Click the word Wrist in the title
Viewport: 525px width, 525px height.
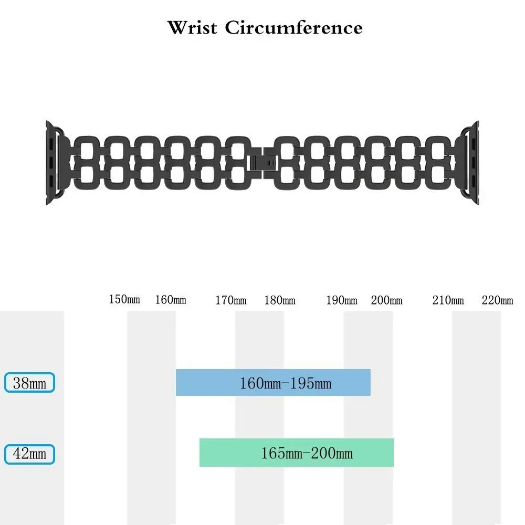pyautogui.click(x=192, y=27)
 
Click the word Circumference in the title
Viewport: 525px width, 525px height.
pyautogui.click(x=293, y=27)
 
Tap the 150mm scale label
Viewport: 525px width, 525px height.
pyautogui.click(x=124, y=300)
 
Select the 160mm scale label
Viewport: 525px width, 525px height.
pyautogui.click(x=171, y=300)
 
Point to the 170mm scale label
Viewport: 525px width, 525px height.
pyautogui.click(x=231, y=301)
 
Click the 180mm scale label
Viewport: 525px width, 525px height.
pyautogui.click(x=280, y=301)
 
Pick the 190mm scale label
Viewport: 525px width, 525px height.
pyautogui.click(x=342, y=301)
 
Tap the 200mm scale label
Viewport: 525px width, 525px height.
pyautogui.click(x=387, y=301)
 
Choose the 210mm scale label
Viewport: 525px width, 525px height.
pyautogui.click(x=448, y=301)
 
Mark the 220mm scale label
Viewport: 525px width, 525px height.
pyautogui.click(x=498, y=301)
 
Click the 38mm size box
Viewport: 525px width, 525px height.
pyautogui.click(x=30, y=383)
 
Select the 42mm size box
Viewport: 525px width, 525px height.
pyautogui.click(x=30, y=454)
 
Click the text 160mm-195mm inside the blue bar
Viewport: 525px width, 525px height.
pyautogui.click(x=286, y=383)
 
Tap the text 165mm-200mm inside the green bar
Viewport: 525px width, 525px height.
pyautogui.click(x=307, y=453)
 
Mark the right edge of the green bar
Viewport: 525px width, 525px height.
pyautogui.click(x=393, y=453)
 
